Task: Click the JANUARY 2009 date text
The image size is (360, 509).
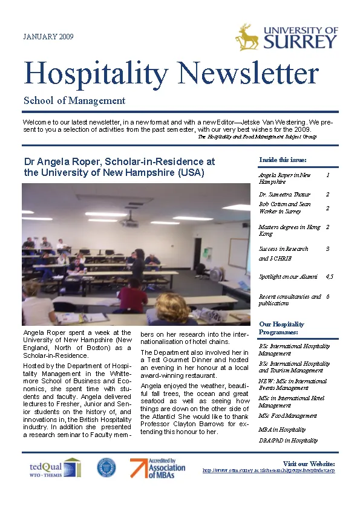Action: pos(48,37)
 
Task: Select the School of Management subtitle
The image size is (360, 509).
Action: pos(74,101)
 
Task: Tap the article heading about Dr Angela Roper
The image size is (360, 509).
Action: pos(119,167)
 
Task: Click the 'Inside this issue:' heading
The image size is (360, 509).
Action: pos(283,160)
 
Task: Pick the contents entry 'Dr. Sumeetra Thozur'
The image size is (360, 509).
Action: pos(284,195)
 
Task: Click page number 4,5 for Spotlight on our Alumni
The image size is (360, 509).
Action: pos(329,276)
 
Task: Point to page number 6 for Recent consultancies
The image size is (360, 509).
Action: pos(327,297)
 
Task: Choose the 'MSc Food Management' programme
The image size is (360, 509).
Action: pos(287,416)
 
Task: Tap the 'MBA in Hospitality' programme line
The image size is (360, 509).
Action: pos(282,429)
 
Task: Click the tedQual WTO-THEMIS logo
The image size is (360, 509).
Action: pos(54,467)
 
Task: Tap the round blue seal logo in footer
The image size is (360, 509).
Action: pos(106,467)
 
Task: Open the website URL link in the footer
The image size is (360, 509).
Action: pos(268,470)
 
